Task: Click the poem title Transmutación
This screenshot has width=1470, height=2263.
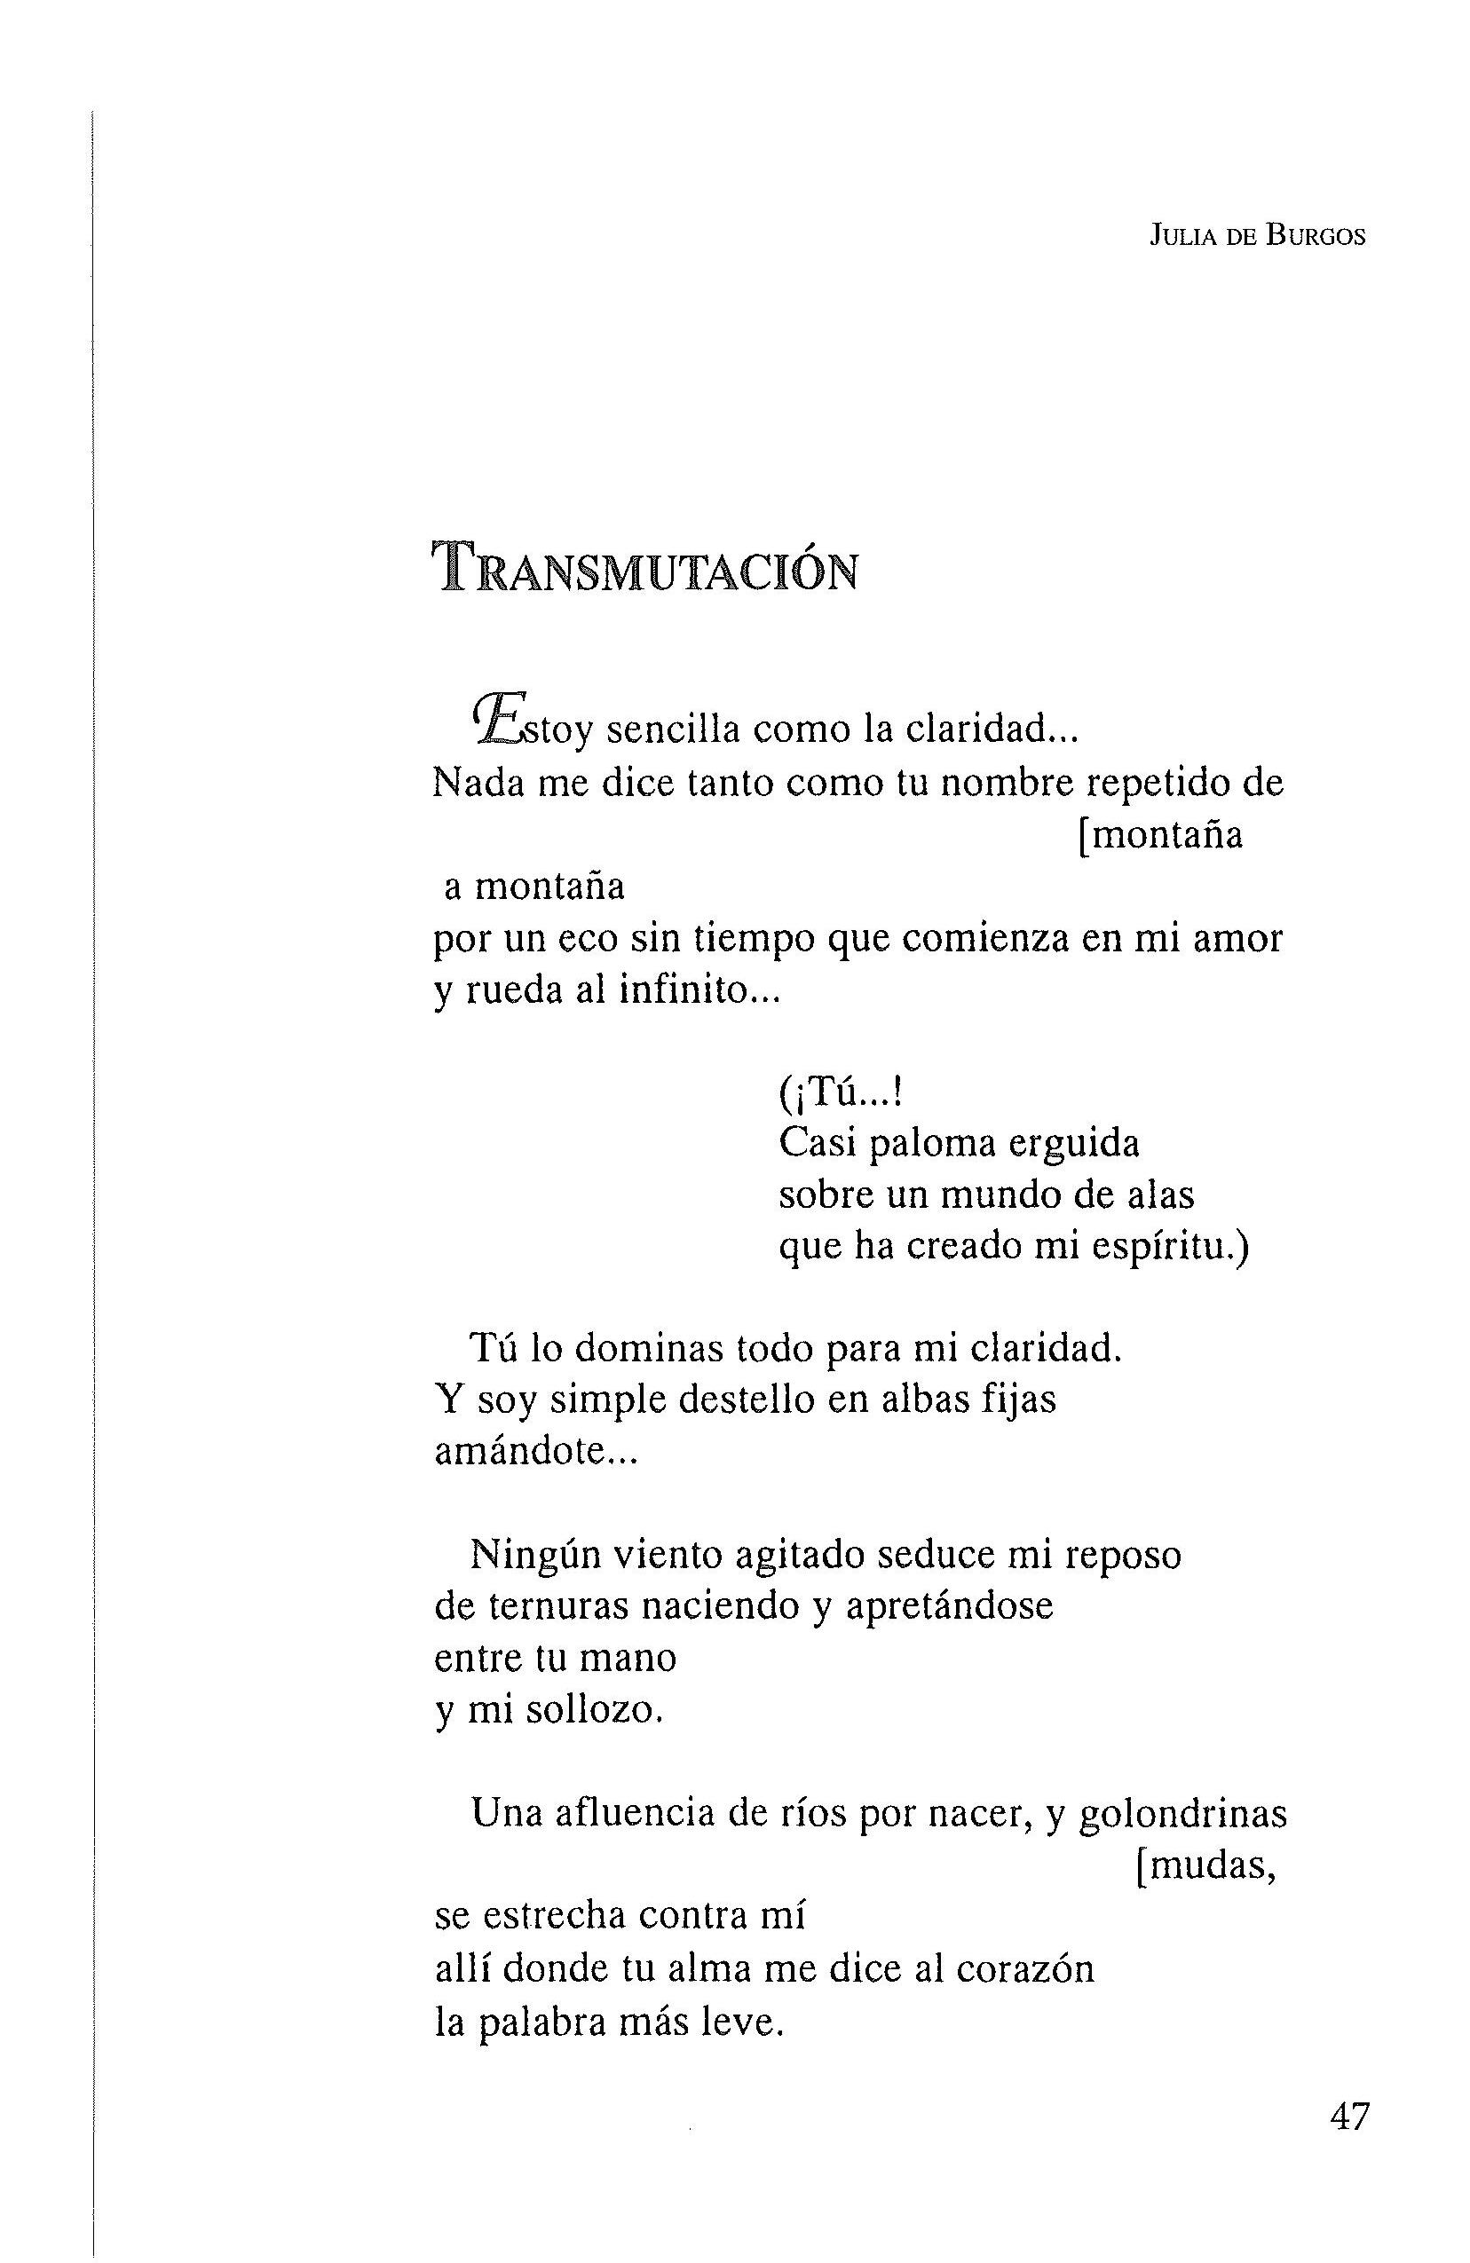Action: coord(645,569)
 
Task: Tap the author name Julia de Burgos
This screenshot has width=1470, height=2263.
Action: coord(1257,237)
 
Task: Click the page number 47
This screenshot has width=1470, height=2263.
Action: coord(1349,2117)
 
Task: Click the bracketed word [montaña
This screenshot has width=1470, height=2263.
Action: coord(1160,835)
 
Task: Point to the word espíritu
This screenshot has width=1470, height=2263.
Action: coord(1167,1247)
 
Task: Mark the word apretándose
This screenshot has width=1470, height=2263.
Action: coord(949,1606)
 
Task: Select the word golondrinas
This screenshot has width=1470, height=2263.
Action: coord(1184,1814)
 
